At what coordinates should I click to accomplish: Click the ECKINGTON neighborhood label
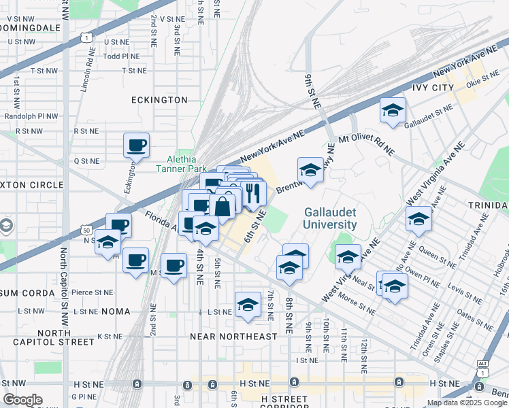pos(159,100)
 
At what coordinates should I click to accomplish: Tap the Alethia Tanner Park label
pos(182,165)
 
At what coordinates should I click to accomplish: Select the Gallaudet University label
pos(330,218)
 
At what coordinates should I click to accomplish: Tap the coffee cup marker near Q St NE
pos(136,145)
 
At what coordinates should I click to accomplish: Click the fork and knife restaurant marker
pos(253,193)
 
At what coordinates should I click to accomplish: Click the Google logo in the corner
pos(22,400)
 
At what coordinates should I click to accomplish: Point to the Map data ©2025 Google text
pos(466,403)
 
